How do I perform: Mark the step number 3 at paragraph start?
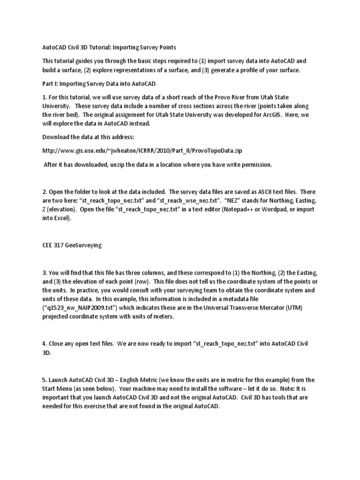tap(44, 272)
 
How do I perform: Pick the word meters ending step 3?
tap(162, 317)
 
